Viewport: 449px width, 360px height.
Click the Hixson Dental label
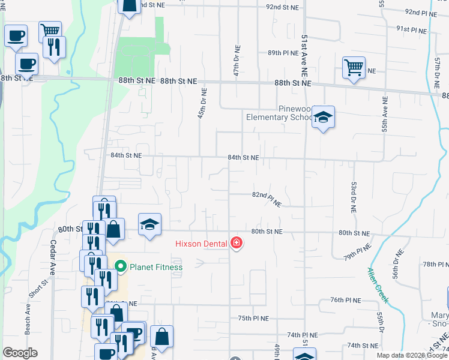pos(201,243)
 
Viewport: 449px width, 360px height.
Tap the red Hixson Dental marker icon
pos(237,243)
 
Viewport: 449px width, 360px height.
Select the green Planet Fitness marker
pos(120,266)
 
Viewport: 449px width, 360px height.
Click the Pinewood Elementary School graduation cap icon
pos(323,118)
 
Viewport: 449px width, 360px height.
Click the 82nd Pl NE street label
pos(267,199)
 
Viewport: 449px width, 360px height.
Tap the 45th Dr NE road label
pos(202,104)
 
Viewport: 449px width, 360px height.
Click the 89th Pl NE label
pos(283,53)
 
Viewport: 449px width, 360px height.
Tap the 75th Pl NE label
pos(253,318)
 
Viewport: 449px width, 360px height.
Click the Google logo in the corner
pos(20,353)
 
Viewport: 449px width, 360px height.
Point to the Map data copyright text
pos(411,355)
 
